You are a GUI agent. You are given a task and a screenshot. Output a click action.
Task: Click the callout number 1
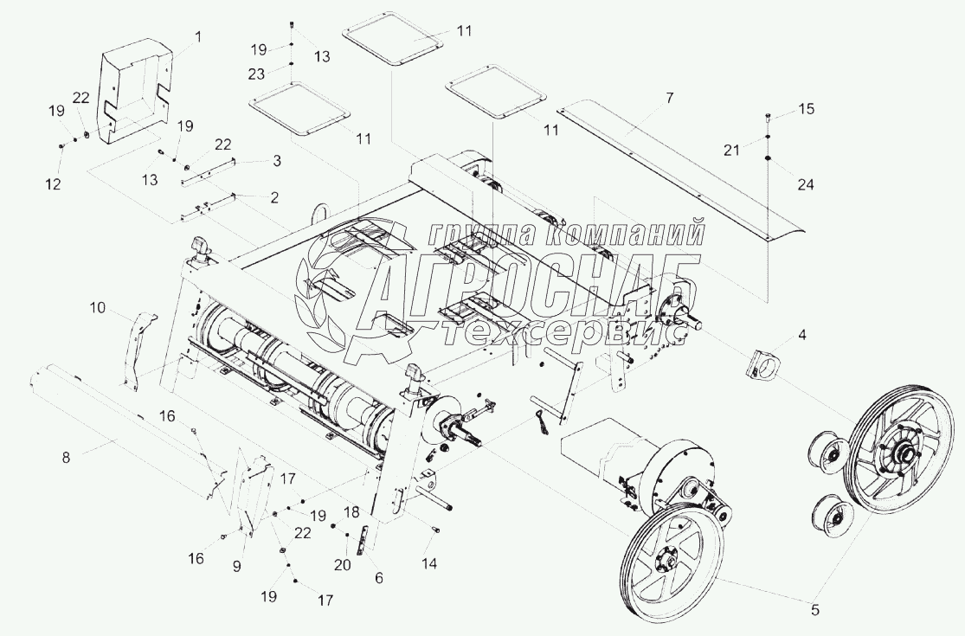coord(197,37)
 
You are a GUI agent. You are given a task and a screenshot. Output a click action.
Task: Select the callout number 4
coord(802,333)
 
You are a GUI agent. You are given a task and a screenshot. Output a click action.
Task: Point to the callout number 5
coord(815,609)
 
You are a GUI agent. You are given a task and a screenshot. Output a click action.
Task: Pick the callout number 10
coord(96,306)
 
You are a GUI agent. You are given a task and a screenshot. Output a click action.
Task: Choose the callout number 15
coord(806,109)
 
